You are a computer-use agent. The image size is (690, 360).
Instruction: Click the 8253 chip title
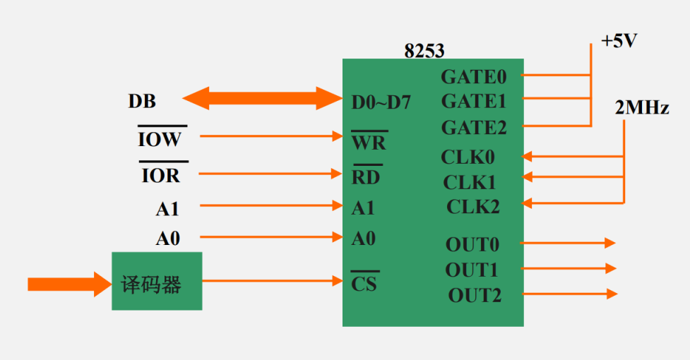(424, 51)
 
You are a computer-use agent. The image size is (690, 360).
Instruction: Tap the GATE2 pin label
(473, 128)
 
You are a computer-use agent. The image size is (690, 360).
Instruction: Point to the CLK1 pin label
(469, 182)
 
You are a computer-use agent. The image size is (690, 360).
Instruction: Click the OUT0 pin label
(472, 244)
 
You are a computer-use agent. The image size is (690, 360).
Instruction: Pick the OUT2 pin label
(474, 295)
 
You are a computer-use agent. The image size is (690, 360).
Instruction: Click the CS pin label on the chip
(364, 284)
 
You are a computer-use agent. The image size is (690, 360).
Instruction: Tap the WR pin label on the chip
(369, 142)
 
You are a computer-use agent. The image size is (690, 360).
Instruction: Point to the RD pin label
(366, 177)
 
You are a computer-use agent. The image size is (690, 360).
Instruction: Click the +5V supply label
(619, 41)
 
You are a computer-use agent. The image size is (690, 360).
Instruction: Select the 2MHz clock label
(642, 109)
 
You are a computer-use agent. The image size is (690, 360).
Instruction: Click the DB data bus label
(142, 102)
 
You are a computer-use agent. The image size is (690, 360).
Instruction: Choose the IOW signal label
(160, 139)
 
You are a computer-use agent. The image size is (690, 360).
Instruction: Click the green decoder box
(157, 281)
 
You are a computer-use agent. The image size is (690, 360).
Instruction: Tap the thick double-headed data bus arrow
(262, 97)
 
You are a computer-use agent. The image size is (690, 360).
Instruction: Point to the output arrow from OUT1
(569, 268)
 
